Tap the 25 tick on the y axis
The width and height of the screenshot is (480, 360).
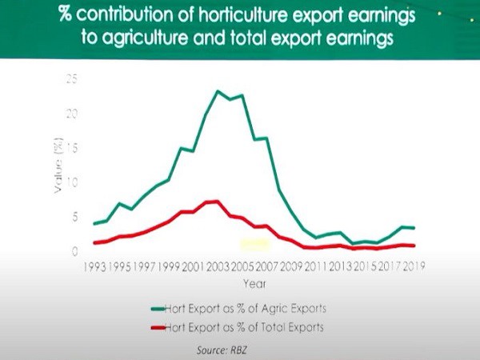pyautogui.click(x=74, y=79)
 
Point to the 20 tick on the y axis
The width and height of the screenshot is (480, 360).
pyautogui.click(x=74, y=114)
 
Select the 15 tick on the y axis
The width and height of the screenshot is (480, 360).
pyautogui.click(x=74, y=148)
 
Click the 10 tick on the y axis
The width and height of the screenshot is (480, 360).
pyautogui.click(x=74, y=182)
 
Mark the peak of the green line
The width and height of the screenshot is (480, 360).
pyautogui.click(x=218, y=91)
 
